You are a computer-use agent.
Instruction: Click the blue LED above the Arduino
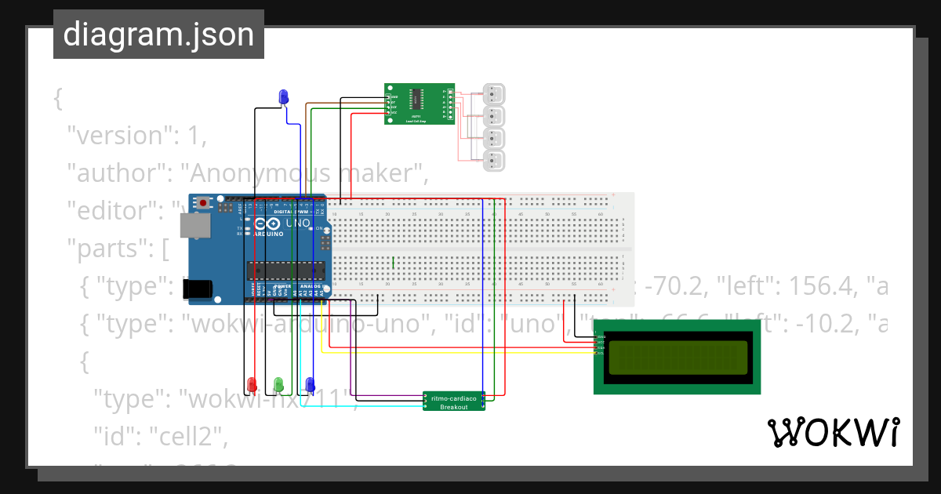[284, 97]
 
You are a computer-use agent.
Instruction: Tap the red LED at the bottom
[252, 384]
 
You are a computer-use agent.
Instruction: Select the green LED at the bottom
[278, 384]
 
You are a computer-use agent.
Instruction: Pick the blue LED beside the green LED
[310, 384]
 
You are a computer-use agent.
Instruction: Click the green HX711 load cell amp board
[420, 104]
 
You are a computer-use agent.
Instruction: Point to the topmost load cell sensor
[494, 94]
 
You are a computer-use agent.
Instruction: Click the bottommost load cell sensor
[494, 162]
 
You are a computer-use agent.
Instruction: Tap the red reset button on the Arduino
[204, 203]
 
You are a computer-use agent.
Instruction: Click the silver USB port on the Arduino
[194, 226]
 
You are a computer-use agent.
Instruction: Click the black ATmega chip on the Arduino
[285, 271]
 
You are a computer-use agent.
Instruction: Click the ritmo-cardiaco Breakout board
[454, 401]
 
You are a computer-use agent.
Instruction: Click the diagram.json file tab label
[158, 35]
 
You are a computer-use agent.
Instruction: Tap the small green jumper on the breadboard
[393, 262]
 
